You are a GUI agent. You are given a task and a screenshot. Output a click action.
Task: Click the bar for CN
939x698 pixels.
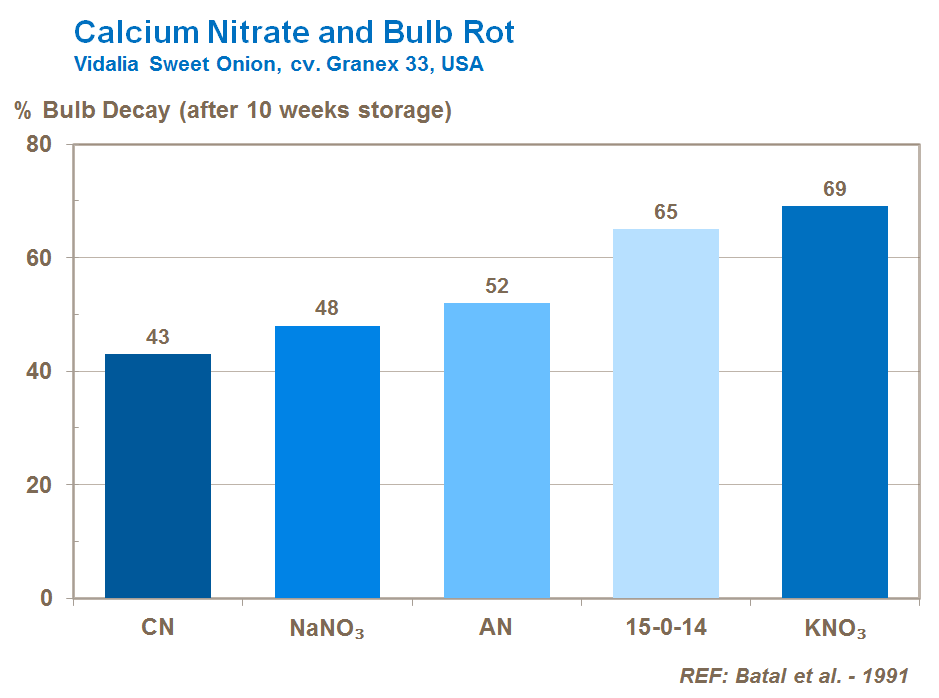tap(158, 476)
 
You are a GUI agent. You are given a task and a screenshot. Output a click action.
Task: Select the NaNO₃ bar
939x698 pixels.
tap(327, 462)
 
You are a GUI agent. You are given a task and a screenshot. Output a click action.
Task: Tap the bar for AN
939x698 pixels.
tap(496, 451)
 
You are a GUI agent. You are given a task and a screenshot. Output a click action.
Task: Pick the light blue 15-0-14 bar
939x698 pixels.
tap(665, 414)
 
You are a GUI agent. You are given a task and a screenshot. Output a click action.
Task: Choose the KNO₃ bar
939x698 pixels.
tap(834, 402)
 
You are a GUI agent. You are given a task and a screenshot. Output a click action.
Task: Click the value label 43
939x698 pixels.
tap(158, 337)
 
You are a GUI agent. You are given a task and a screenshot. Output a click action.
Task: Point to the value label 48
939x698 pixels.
tap(327, 308)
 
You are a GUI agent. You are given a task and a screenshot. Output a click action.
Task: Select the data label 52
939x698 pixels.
tap(496, 286)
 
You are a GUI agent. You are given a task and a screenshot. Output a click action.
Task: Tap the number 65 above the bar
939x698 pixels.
tap(665, 212)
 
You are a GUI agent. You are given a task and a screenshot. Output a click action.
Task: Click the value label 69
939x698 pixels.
tap(834, 189)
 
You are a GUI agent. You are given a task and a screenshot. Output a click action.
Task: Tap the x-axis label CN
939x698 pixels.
tap(158, 628)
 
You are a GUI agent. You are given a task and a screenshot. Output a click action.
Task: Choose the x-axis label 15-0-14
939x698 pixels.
tap(665, 628)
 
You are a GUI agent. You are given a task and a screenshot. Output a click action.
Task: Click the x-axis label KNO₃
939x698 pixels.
tap(834, 630)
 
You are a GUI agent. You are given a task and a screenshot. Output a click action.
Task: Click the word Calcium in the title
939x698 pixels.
tap(129, 32)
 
